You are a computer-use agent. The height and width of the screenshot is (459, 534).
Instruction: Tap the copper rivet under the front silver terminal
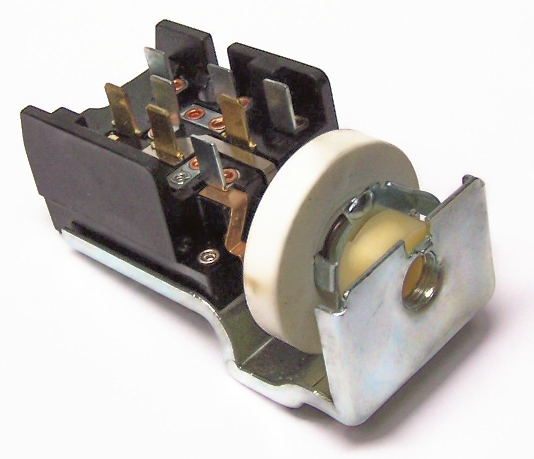pyautogui.click(x=230, y=174)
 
